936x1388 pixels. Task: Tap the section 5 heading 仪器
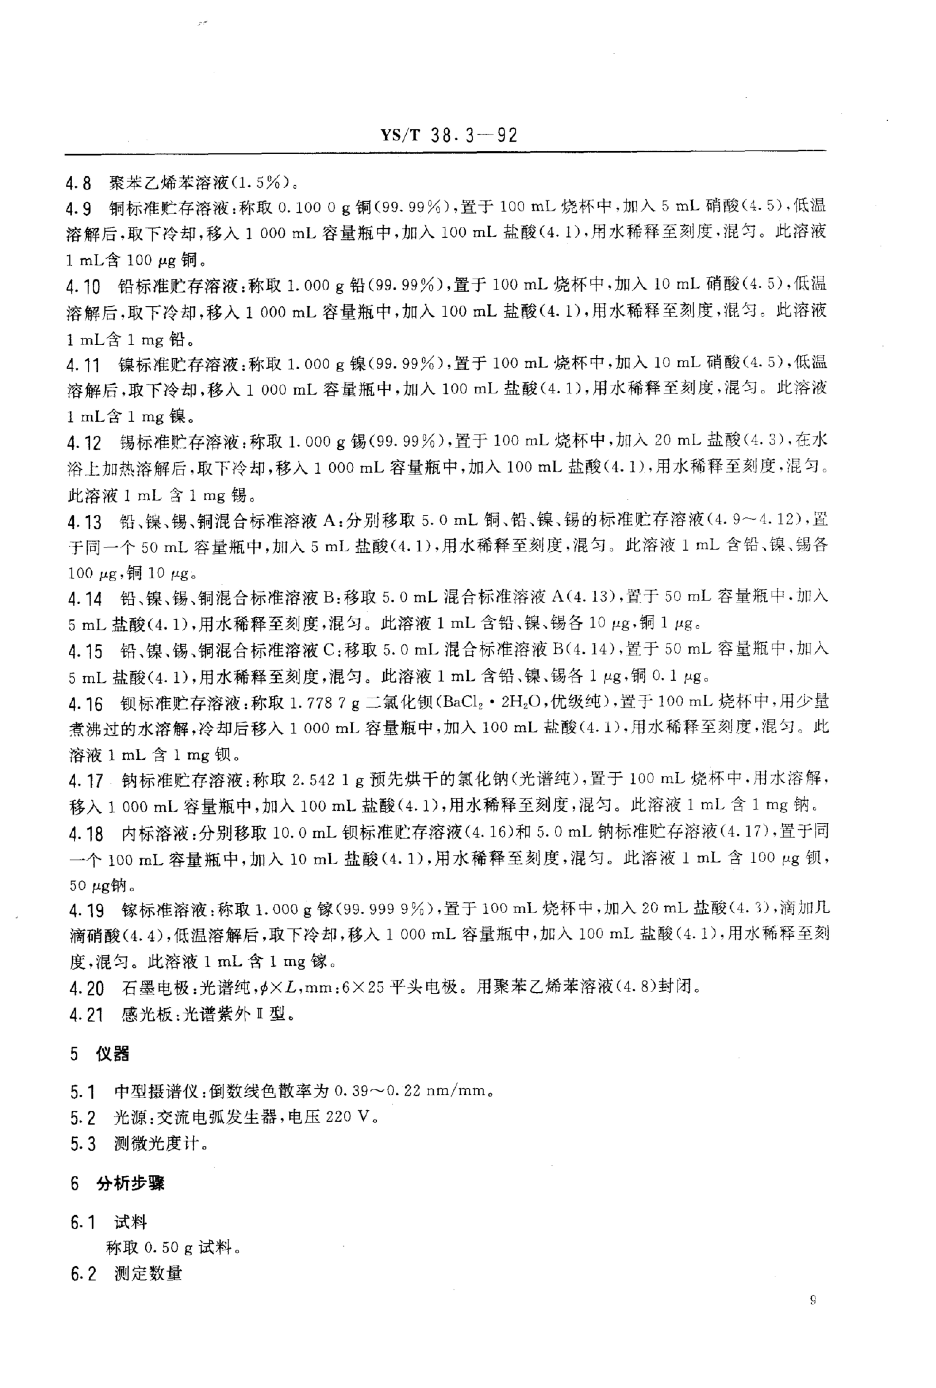[112, 1054]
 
